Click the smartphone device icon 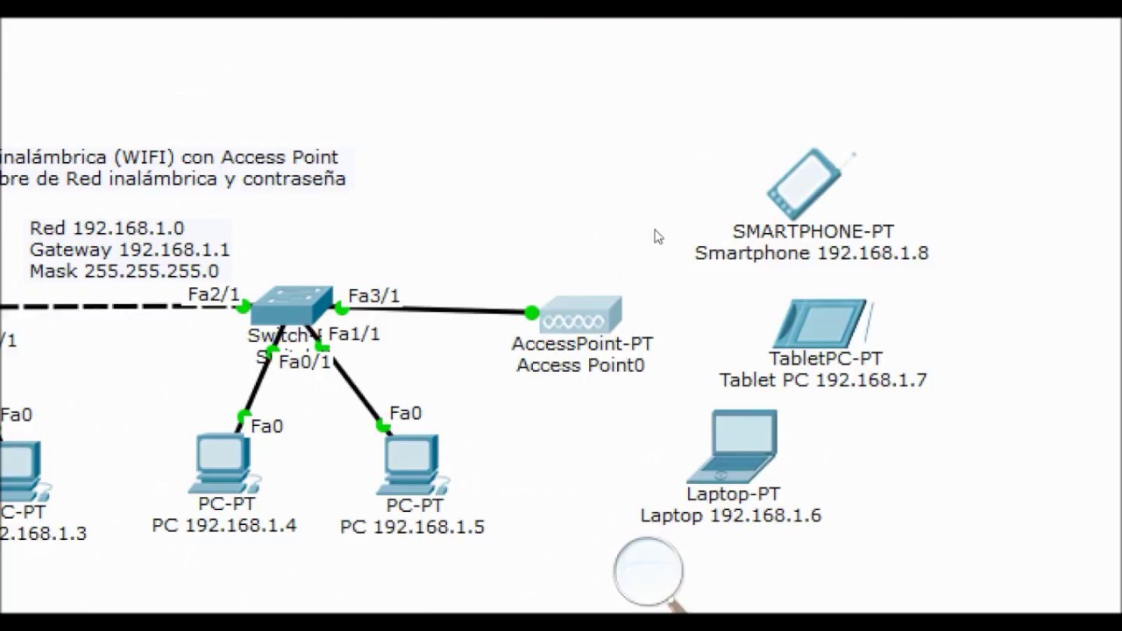(805, 184)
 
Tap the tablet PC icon (820, 324)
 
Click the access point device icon (581, 314)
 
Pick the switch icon (291, 306)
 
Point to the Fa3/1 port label (374, 296)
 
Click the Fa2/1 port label (213, 294)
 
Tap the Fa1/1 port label (354, 334)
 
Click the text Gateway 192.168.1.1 (130, 250)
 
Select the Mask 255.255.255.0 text (124, 272)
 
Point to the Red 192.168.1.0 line (107, 228)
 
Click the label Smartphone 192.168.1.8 (812, 253)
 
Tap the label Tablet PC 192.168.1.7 (823, 380)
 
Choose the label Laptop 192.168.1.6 (730, 516)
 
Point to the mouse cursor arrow (657, 236)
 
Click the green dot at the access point (531, 313)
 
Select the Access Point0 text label (580, 365)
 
